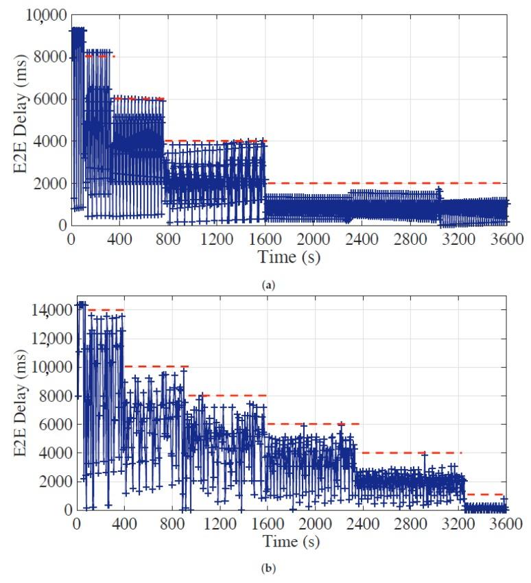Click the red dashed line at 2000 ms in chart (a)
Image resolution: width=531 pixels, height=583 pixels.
pyautogui.click(x=384, y=183)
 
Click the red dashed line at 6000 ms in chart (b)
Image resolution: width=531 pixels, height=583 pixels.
pyautogui.click(x=313, y=424)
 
